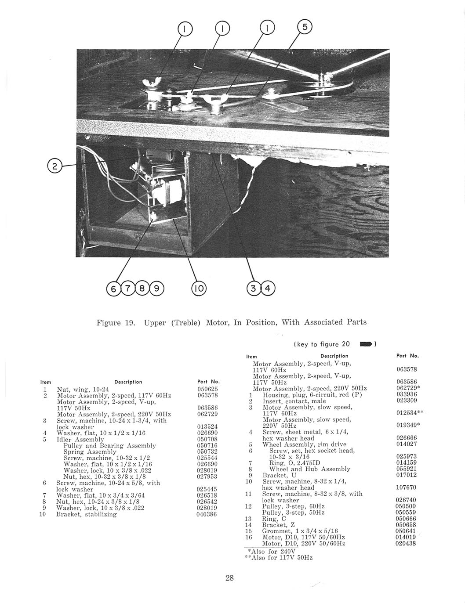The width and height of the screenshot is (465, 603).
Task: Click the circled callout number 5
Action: coord(305,27)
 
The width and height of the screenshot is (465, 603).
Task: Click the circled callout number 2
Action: coord(54,166)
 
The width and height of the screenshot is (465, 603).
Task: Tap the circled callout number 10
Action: coord(199,289)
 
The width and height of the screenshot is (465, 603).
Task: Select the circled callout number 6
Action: coord(113,289)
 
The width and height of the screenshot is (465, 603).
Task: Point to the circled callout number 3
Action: coord(254,289)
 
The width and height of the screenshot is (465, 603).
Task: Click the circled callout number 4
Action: coord(268,289)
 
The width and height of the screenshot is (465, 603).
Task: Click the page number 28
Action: coord(229,578)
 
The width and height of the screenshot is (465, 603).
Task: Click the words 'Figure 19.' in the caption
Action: coord(115,322)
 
